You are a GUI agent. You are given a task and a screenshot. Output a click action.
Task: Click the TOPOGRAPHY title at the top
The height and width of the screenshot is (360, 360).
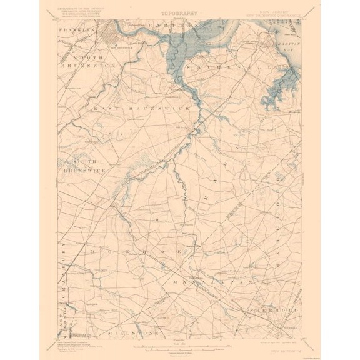click(180, 12)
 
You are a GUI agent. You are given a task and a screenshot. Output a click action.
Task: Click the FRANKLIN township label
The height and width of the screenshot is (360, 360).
click(76, 29)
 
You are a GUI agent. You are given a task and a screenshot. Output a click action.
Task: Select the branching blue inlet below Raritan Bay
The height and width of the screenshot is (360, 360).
click(278, 84)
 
